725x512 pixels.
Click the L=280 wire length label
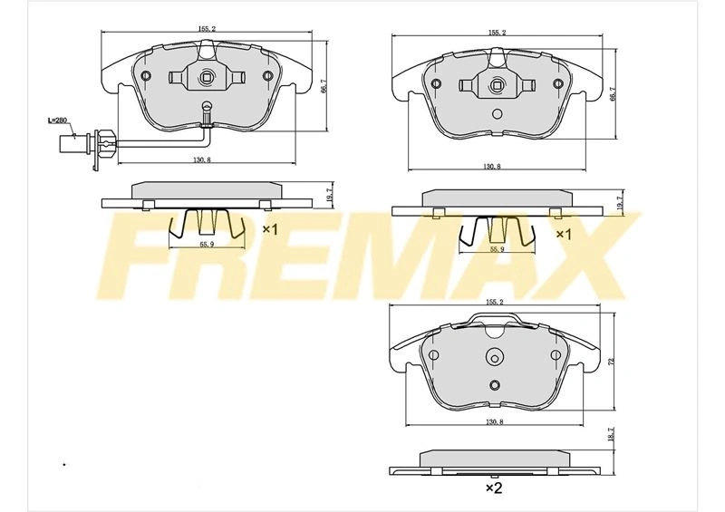(x=58, y=121)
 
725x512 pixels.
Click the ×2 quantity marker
(x=494, y=488)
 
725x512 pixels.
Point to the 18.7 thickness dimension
(x=610, y=434)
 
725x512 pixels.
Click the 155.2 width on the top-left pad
(x=207, y=29)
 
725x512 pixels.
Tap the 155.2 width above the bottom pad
(x=494, y=302)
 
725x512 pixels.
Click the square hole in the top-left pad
(x=207, y=77)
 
